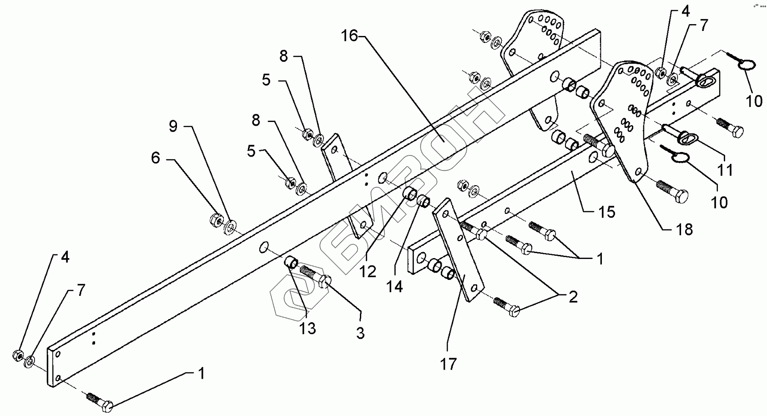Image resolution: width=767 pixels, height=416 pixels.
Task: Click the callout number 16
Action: click(x=350, y=36)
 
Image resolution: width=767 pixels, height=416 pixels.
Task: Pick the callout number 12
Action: click(x=368, y=272)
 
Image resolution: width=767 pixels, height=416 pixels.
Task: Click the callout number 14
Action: click(x=395, y=287)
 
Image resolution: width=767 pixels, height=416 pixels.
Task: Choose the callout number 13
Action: click(x=308, y=328)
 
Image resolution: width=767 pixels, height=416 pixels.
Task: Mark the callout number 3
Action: click(x=360, y=334)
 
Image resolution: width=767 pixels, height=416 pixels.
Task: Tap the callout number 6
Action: click(x=156, y=158)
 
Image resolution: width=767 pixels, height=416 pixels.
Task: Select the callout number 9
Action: click(x=173, y=126)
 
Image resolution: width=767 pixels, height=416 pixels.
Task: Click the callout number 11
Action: click(x=725, y=170)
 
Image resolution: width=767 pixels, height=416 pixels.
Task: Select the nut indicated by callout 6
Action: click(x=216, y=220)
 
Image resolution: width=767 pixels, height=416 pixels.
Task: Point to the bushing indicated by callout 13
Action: click(x=291, y=263)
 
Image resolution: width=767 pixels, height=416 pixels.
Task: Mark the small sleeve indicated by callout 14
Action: click(x=424, y=200)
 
